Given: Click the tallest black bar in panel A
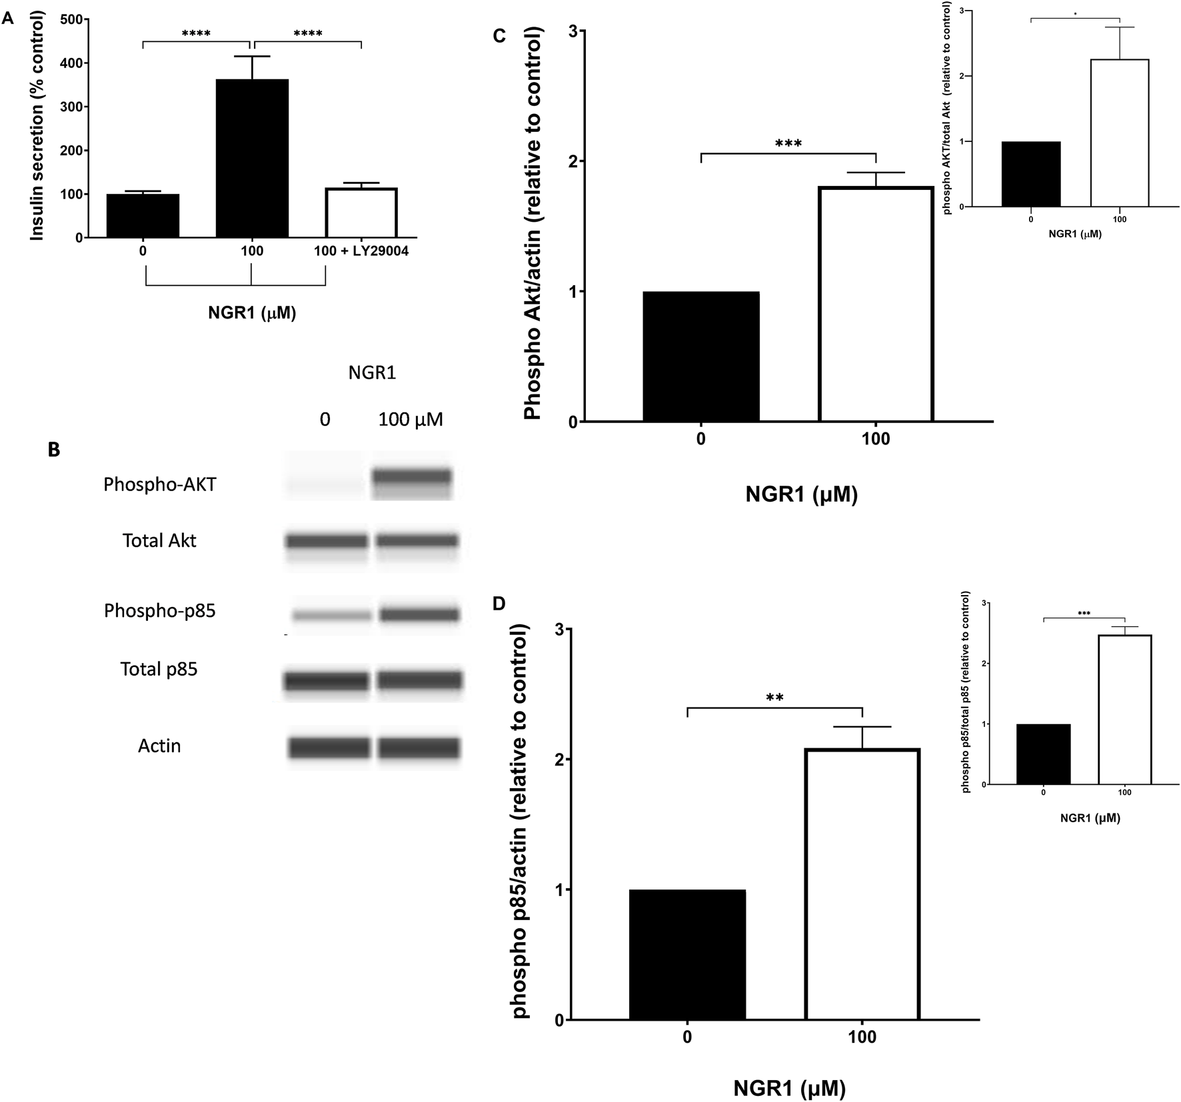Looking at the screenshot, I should [252, 159].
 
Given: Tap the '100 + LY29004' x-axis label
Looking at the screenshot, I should [361, 251].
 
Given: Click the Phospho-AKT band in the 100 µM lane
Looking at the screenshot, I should [412, 477].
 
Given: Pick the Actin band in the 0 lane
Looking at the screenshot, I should [329, 748].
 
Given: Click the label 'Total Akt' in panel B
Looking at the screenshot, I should [159, 540].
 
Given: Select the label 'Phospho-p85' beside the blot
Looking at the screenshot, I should [159, 610].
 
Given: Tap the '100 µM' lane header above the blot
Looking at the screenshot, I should [411, 420].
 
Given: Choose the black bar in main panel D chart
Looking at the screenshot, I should [687, 955].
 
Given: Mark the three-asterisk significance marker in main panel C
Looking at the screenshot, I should [788, 143].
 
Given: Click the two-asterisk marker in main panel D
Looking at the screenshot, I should [774, 698].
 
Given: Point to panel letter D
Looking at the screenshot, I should [499, 604].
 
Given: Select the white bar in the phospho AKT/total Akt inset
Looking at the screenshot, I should [1119, 133].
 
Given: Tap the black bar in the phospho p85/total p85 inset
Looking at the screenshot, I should [1043, 754].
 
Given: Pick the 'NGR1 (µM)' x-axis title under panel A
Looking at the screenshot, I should [252, 312].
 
